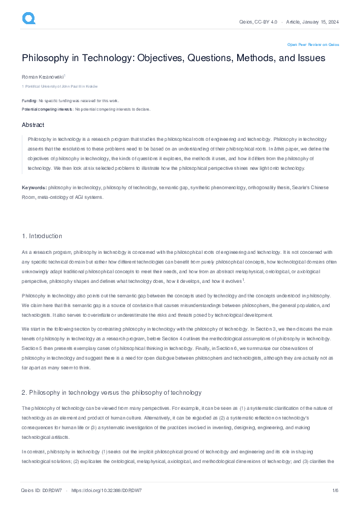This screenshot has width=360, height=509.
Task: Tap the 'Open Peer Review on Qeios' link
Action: [x=313, y=44]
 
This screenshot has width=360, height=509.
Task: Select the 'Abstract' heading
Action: [x=33, y=125]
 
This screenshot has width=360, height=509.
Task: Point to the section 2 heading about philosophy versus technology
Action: [x=111, y=376]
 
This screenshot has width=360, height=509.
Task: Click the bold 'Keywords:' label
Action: [x=34, y=187]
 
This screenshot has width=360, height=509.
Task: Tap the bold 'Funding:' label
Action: [x=29, y=100]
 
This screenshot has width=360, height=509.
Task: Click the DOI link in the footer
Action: [x=106, y=490]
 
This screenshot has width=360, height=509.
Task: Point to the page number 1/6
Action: [x=335, y=490]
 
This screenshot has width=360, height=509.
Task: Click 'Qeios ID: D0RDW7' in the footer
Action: [x=41, y=490]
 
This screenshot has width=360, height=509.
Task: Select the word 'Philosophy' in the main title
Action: [x=48, y=58]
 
